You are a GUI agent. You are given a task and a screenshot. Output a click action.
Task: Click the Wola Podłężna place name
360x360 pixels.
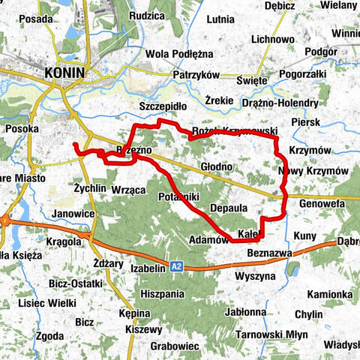pos(179,54)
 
